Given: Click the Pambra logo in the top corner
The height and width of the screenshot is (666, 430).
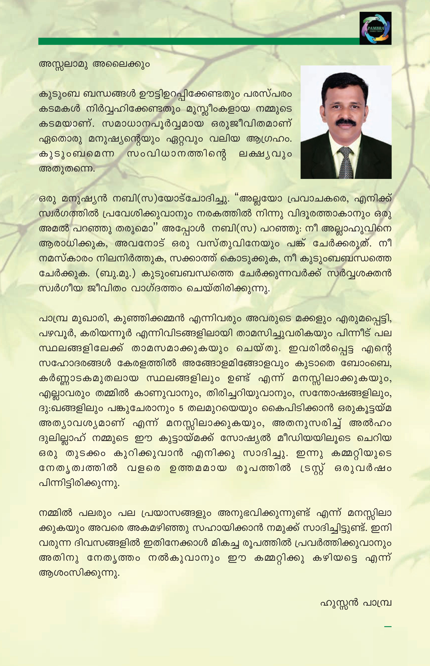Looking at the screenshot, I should (x=375, y=28).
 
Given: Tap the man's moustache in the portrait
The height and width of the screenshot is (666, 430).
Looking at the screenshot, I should (x=346, y=122).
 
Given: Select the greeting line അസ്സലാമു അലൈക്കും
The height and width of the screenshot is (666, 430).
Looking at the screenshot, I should (x=94, y=64).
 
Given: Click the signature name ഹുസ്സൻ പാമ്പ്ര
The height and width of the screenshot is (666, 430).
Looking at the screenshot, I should (x=356, y=603).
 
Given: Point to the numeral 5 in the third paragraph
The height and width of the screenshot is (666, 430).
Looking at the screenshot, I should (x=181, y=408).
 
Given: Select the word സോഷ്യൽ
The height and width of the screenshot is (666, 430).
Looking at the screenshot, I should (x=245, y=438).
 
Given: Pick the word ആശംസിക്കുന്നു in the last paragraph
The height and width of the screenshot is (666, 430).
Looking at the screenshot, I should (x=79, y=573).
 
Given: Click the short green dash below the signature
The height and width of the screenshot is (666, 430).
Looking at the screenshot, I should (x=388, y=627).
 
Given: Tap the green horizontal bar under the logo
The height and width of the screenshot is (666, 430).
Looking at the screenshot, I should (x=198, y=41).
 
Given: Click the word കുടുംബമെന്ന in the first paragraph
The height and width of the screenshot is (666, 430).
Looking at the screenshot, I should (x=77, y=154).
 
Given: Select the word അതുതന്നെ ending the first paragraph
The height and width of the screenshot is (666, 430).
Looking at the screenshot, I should (x=67, y=169).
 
